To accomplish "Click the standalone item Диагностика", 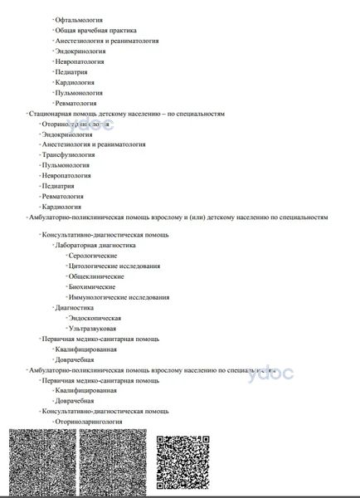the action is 75,308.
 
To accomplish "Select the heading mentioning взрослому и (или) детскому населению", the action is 178,217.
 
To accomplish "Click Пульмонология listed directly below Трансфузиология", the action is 66,165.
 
